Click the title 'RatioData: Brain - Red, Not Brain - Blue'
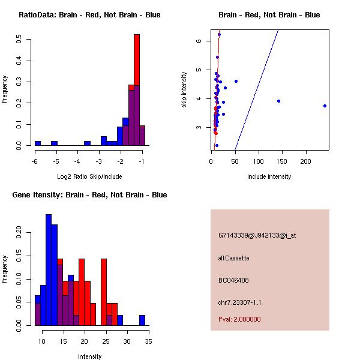pyautogui.click(x=89, y=15)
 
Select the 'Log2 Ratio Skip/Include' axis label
pyautogui.click(x=89, y=176)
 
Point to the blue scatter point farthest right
pyautogui.click(x=325, y=106)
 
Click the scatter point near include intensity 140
pyautogui.click(x=278, y=101)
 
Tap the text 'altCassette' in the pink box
pyautogui.click(x=233, y=258)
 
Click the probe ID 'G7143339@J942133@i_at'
pyautogui.click(x=257, y=235)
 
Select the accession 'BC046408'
pyautogui.click(x=233, y=280)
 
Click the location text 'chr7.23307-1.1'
pyautogui.click(x=240, y=302)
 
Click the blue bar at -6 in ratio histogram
pyautogui.click(x=38, y=143)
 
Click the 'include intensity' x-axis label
pyautogui.click(x=269, y=176)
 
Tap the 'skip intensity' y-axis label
pyautogui.click(x=184, y=90)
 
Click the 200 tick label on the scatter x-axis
pyautogui.click(x=306, y=161)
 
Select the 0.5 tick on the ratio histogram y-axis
pyautogui.click(x=20, y=40)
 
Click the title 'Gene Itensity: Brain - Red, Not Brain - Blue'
pyautogui.click(x=89, y=195)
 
